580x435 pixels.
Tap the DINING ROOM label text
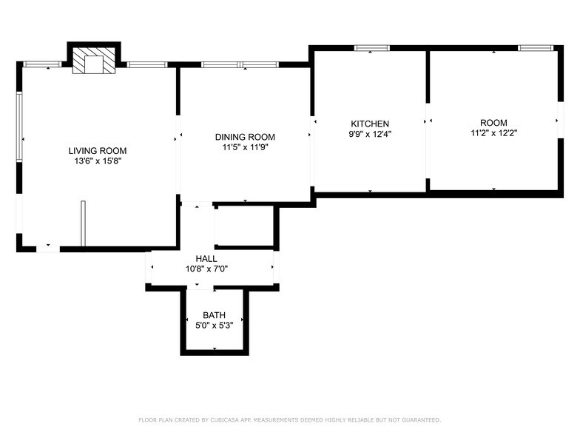pos(245,137)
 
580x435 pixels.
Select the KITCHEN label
pos(370,124)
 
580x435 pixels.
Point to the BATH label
pos(214,315)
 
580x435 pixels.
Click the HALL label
pos(206,258)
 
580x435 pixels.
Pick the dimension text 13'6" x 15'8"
pos(98,161)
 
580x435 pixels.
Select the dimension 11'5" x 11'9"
pos(245,147)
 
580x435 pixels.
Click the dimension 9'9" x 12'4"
pos(370,134)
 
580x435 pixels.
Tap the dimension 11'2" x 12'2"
pos(493,134)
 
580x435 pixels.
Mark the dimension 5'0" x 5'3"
pos(214,326)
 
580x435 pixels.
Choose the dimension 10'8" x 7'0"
pos(206,269)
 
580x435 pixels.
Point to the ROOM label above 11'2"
pos(493,123)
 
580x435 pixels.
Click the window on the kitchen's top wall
pos(371,48)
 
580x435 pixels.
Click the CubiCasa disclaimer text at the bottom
pos(289,419)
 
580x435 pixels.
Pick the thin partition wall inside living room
pos(84,223)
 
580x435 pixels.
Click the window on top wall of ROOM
pos(536,48)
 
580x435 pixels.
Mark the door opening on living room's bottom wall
pos(48,249)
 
